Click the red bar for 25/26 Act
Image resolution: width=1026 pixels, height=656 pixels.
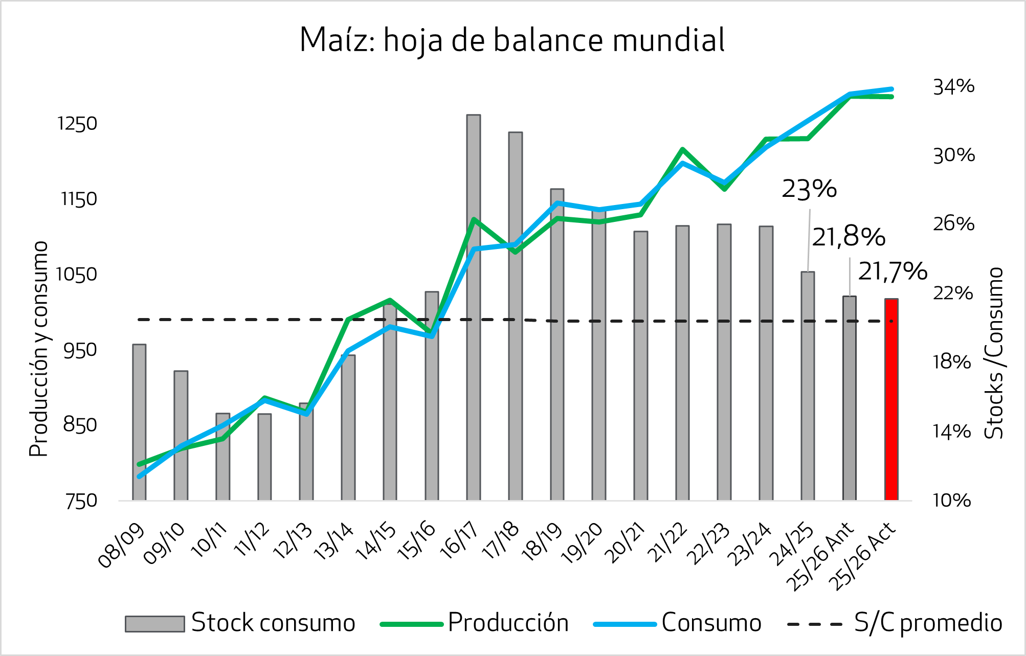coord(891,399)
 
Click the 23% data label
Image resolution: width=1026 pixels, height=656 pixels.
coord(809,189)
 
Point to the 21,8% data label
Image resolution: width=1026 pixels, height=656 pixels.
coord(849,237)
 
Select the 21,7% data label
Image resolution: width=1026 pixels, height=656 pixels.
coord(893,271)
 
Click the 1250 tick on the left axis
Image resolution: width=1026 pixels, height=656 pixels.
coord(77,124)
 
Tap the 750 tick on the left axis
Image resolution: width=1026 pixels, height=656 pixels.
coord(81,501)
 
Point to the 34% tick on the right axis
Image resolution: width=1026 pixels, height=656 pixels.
coord(953,87)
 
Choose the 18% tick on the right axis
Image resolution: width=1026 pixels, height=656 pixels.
coord(951,362)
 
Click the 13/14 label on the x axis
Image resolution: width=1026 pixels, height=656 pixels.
coord(333,542)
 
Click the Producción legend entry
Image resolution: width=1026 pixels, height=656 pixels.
coord(508,623)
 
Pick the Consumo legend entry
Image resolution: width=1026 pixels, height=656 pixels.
coord(711,623)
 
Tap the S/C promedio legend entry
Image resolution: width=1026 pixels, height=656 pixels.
coord(927,623)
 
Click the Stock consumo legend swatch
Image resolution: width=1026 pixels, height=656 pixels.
coord(154,624)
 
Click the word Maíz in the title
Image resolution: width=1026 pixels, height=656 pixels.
coord(337,40)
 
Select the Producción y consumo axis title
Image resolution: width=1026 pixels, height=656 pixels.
coord(39,349)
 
